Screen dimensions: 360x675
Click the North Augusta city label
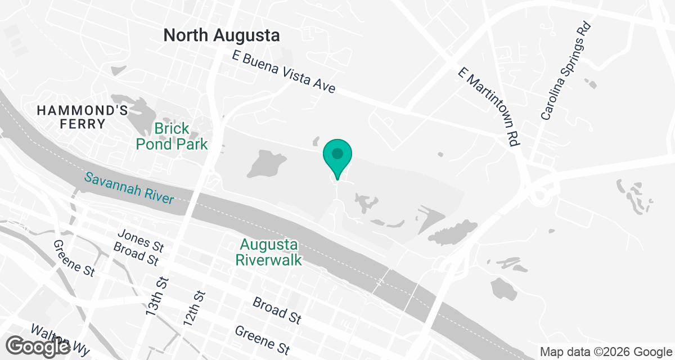(x=221, y=36)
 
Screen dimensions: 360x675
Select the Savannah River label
(x=129, y=188)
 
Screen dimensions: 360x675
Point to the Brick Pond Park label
(x=172, y=137)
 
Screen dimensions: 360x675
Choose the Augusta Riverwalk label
(x=269, y=253)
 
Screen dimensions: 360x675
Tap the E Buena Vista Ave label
(x=284, y=73)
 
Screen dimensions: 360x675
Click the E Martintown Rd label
(x=488, y=107)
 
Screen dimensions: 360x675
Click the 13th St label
(x=158, y=296)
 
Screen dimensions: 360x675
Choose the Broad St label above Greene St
(x=276, y=310)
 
